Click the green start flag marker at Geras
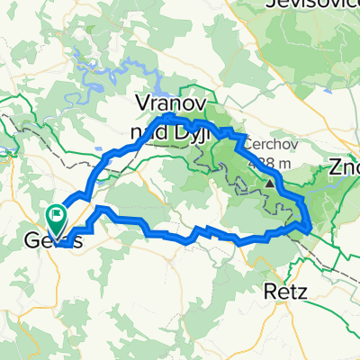pyautogui.click(x=57, y=215)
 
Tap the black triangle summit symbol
pyautogui.click(x=269, y=184)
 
